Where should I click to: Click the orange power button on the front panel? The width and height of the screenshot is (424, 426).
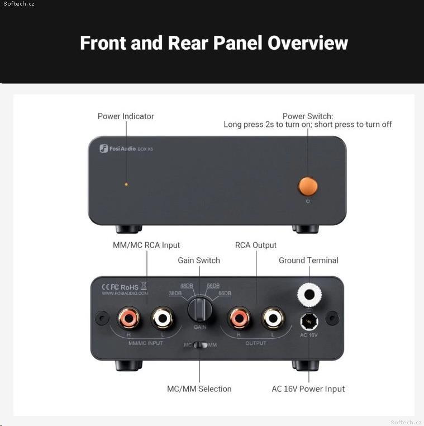click(x=308, y=186)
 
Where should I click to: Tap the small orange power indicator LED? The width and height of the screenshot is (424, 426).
click(x=126, y=184)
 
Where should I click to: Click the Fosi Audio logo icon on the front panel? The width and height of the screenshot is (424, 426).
click(x=104, y=148)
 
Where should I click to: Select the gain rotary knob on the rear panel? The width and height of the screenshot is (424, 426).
click(x=200, y=309)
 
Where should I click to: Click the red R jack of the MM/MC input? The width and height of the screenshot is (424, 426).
click(x=129, y=318)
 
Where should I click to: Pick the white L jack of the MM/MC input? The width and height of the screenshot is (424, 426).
click(x=163, y=318)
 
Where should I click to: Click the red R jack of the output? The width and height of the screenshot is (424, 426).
click(x=239, y=318)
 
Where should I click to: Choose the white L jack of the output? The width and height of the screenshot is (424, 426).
click(x=273, y=318)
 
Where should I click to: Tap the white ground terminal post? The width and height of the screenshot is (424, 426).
click(x=309, y=295)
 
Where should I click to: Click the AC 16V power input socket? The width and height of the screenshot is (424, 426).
click(x=309, y=321)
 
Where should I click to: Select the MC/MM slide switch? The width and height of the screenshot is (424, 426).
click(x=201, y=345)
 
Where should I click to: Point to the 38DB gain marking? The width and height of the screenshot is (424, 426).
click(x=175, y=294)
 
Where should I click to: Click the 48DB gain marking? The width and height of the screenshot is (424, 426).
click(x=187, y=286)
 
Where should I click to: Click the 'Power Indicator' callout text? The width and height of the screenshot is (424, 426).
click(x=126, y=116)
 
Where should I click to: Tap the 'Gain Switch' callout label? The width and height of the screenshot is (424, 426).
click(x=199, y=261)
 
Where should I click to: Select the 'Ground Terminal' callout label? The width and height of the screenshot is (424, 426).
click(x=308, y=261)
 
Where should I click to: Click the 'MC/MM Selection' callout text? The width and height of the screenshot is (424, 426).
click(x=199, y=389)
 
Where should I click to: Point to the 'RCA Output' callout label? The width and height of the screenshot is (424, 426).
click(x=256, y=245)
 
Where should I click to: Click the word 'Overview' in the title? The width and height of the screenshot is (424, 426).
click(x=308, y=43)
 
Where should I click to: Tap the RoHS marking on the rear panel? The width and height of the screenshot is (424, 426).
click(x=130, y=287)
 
